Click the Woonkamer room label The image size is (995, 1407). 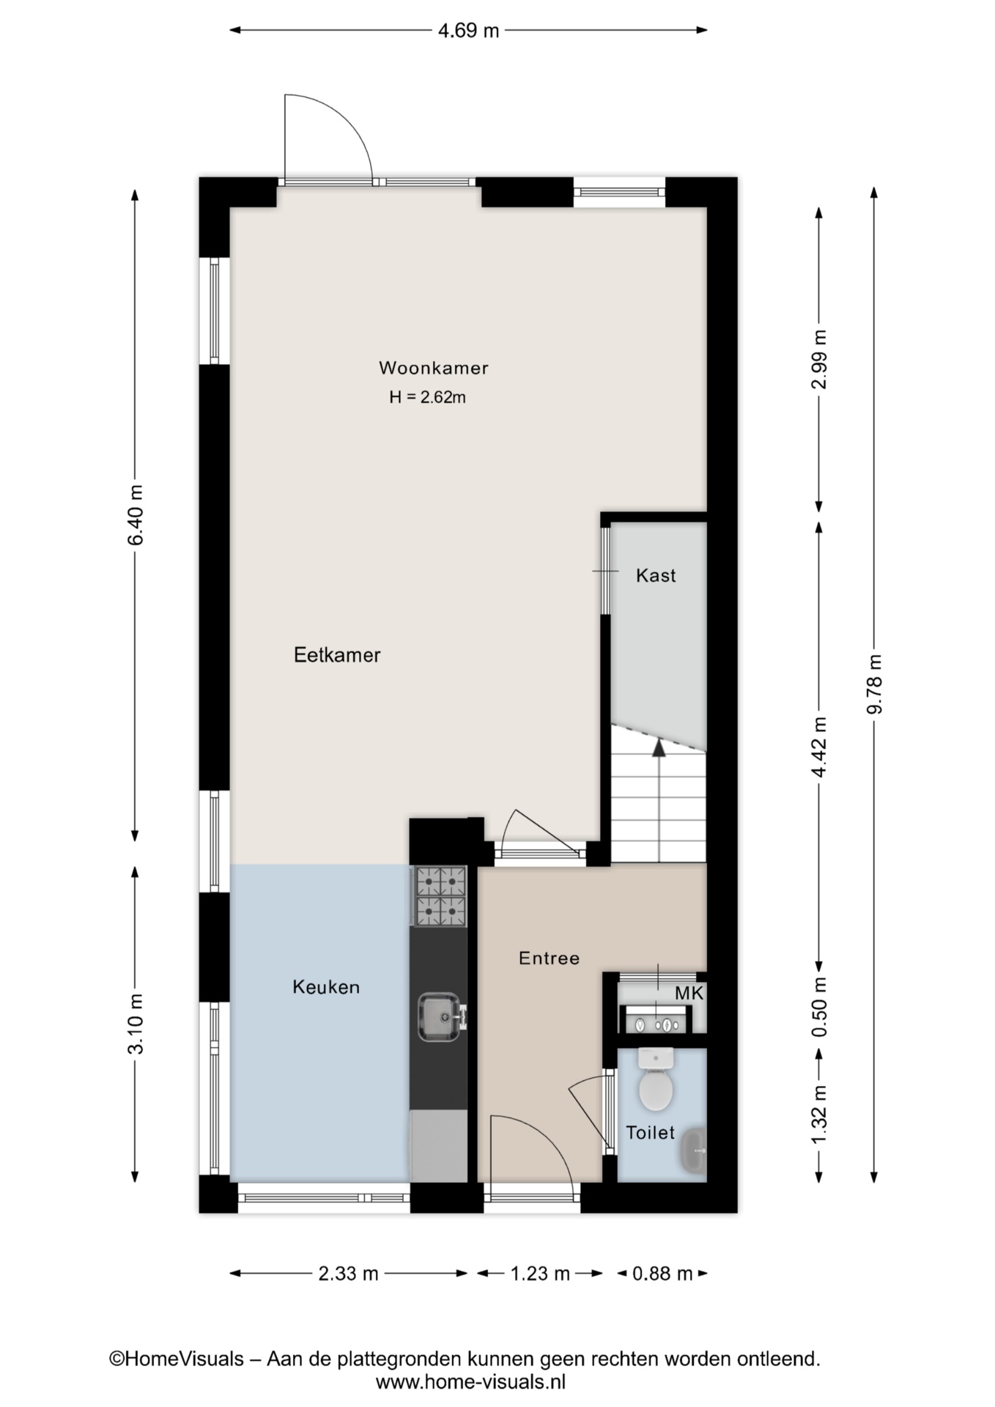click(433, 368)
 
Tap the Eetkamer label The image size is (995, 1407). click(337, 654)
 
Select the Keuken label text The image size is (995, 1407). click(326, 987)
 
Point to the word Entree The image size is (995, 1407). click(549, 958)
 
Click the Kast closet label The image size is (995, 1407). click(656, 575)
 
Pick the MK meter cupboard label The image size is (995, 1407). click(689, 993)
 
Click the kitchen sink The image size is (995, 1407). click(440, 1016)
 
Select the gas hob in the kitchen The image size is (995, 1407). click(440, 895)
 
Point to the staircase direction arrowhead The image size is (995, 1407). click(659, 747)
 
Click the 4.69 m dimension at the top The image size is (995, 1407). click(468, 30)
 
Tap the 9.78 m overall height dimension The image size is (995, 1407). click(874, 683)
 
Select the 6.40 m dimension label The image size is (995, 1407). click(136, 514)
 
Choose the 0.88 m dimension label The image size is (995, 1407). click(662, 1273)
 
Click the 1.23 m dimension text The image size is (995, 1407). click(540, 1273)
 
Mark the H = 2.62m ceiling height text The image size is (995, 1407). click(428, 397)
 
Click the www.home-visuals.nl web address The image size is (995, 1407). click(470, 1382)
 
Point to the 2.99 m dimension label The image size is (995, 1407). click(819, 359)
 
